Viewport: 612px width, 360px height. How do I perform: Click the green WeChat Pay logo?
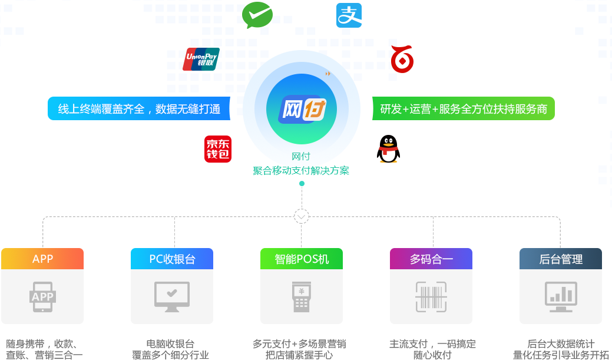coord(257,15)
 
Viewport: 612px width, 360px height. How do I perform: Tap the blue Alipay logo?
coord(349,15)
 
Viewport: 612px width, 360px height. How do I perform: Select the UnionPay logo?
coord(201,60)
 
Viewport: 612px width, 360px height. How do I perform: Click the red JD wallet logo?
coord(218,149)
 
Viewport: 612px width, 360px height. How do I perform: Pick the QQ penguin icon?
coord(388,149)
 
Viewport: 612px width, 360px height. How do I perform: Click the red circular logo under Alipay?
coord(402,60)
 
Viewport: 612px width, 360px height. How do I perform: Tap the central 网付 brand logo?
coord(302,110)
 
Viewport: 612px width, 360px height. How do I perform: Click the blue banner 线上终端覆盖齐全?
coord(138,108)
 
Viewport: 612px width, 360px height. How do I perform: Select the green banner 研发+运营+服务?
coord(463,108)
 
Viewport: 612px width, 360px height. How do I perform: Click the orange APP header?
coord(42,259)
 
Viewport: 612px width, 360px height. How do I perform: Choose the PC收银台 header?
coord(172,259)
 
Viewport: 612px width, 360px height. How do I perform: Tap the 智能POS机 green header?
coord(302,259)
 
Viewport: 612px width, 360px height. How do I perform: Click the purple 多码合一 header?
coord(431,259)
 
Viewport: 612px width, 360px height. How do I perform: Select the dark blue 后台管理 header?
coord(561,259)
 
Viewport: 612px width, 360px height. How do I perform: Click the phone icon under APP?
coord(42,296)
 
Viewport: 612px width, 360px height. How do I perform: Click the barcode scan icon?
coord(431,296)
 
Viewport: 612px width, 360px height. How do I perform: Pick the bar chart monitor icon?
coord(561,296)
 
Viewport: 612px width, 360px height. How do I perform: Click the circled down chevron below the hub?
coord(302,217)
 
